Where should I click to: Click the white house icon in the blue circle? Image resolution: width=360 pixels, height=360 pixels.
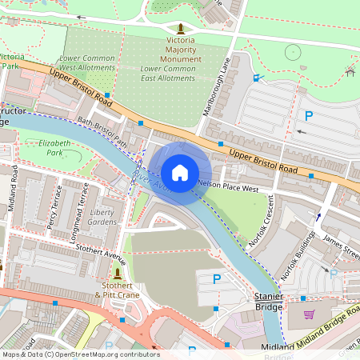tap(180, 172)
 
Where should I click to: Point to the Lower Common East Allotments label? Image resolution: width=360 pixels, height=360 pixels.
tap(167, 74)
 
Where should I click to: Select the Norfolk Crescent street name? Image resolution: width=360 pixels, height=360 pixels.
tap(261, 223)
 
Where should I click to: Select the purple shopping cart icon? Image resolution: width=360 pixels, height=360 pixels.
tap(309, 314)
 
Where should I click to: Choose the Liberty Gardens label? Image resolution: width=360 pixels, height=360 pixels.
tap(102, 217)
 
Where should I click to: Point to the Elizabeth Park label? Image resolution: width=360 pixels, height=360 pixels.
tap(54, 147)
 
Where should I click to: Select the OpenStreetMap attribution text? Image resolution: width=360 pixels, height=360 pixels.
tap(80, 354)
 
